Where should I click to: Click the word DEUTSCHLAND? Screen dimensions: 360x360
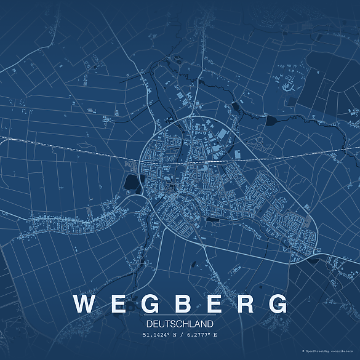[x=180, y=324]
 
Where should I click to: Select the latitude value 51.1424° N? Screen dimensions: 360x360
[x=161, y=335]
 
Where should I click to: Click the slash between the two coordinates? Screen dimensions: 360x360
[x=182, y=335]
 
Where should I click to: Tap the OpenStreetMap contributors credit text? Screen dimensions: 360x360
[x=332, y=351]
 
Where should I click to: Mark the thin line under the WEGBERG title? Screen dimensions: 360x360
[x=180, y=316]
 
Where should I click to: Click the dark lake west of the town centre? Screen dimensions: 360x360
[x=132, y=182]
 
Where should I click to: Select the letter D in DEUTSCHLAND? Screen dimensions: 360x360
[x=150, y=324]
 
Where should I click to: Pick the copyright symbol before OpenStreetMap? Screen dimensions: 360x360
[x=303, y=351]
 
